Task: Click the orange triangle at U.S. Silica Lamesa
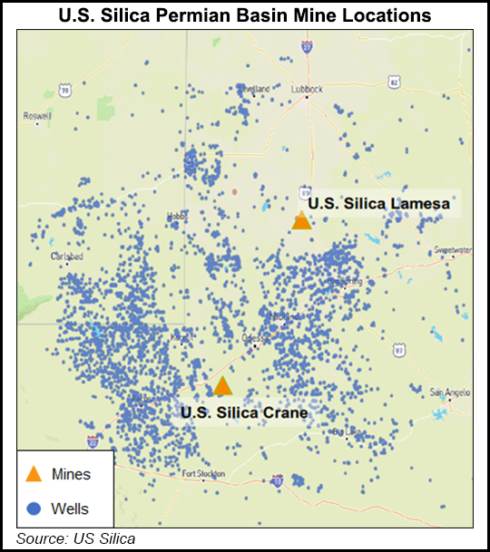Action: click(301, 220)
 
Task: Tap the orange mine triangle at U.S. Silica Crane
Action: click(222, 386)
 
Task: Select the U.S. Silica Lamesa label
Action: click(378, 204)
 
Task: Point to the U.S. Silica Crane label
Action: click(244, 412)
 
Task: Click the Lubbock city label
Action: click(308, 90)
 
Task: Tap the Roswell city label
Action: click(38, 116)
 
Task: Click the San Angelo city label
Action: click(447, 392)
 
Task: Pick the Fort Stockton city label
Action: click(201, 473)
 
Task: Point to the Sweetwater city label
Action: click(453, 249)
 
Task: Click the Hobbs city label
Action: click(176, 216)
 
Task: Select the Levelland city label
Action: click(254, 89)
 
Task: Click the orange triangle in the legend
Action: click(34, 473)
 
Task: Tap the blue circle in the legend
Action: click(34, 508)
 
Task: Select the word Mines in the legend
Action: click(72, 474)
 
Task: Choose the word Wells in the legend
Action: click(71, 508)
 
